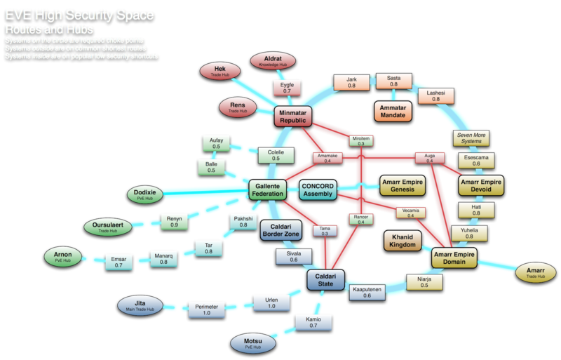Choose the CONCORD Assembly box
[318, 189]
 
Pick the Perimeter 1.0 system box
[207, 309]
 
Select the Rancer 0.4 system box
[361, 220]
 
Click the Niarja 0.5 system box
[424, 282]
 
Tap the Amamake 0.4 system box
[322, 158]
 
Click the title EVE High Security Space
[81, 14]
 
